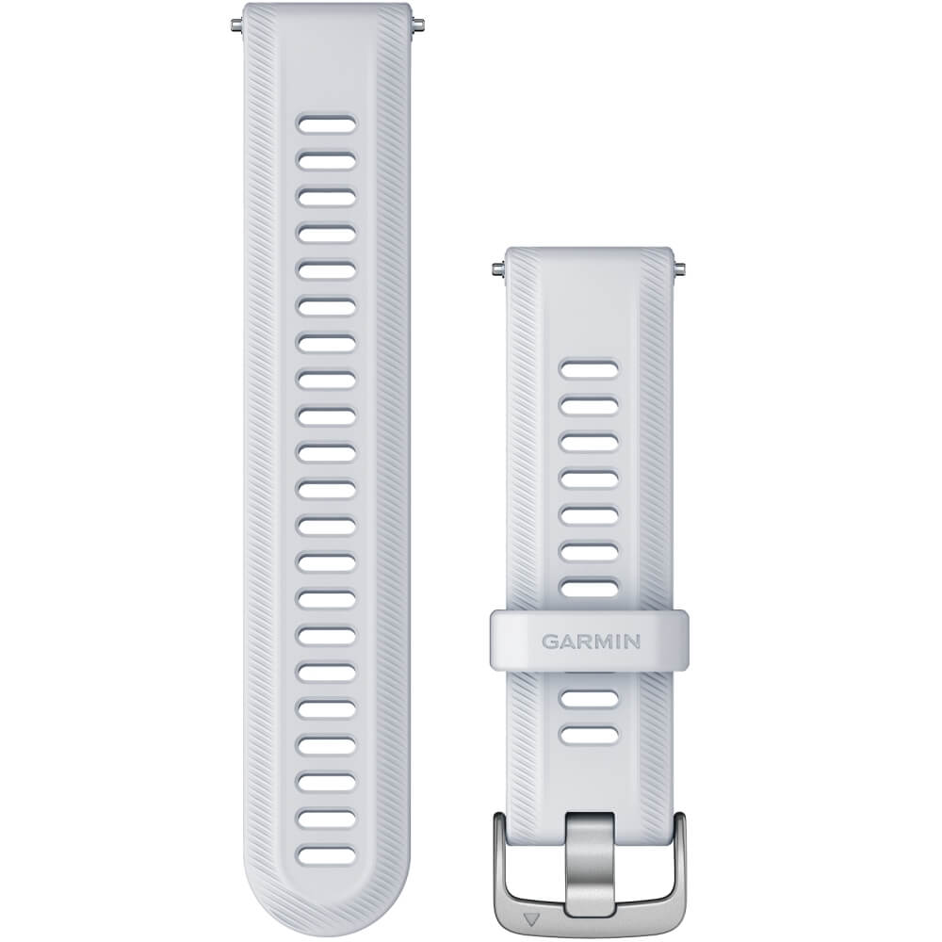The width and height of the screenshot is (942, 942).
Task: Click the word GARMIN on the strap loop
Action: click(591, 642)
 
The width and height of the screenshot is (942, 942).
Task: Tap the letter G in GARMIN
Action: click(550, 642)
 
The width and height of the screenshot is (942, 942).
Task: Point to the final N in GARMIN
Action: click(632, 642)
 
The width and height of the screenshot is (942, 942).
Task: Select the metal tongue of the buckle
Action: click(590, 864)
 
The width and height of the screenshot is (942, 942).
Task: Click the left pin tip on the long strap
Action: click(235, 24)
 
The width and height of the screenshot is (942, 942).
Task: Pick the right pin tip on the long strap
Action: click(418, 24)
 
